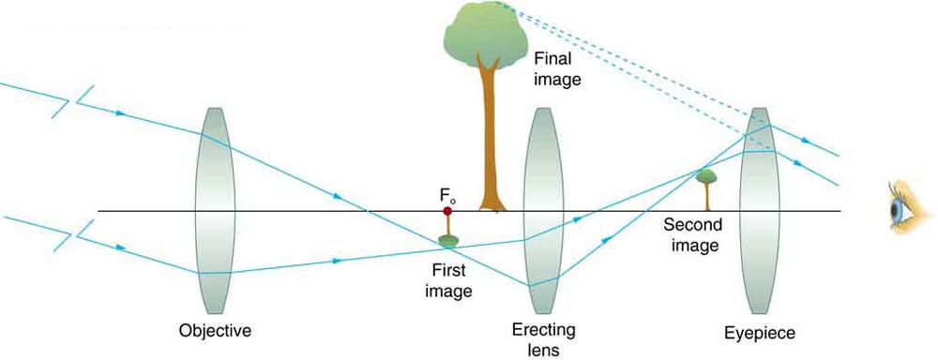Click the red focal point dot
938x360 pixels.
447,212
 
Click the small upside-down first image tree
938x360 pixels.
448,234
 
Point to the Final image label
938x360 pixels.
557,69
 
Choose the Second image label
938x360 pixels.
690,235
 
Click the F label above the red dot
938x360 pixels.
447,196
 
